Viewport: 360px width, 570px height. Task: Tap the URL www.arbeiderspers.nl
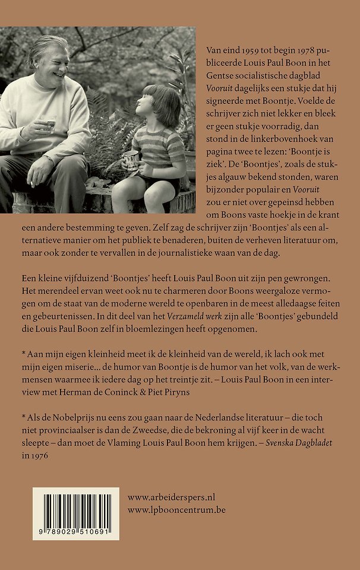pos(172,496)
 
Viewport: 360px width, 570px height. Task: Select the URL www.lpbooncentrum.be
pos(176,509)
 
